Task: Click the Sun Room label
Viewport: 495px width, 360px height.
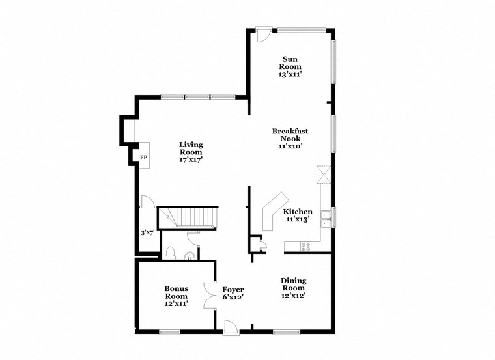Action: (x=290, y=62)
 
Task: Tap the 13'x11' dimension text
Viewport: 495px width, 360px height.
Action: (x=290, y=75)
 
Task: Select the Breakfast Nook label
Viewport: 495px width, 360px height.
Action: (x=290, y=135)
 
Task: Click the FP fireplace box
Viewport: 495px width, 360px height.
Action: (x=143, y=157)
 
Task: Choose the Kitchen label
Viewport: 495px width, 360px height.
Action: (x=298, y=212)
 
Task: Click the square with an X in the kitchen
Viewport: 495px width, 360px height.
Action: (x=324, y=174)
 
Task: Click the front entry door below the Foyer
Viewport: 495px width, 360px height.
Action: (x=231, y=327)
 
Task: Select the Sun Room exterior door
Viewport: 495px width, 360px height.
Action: (x=262, y=34)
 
